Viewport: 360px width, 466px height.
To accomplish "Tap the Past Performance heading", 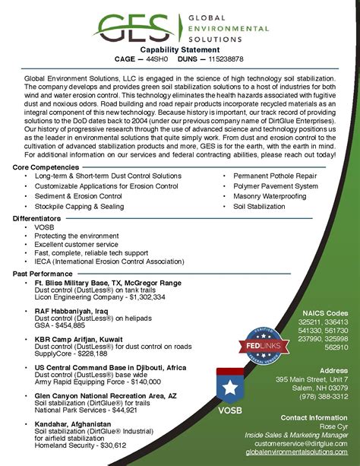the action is point(43,273).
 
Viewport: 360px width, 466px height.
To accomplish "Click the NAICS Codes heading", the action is point(325,312).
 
